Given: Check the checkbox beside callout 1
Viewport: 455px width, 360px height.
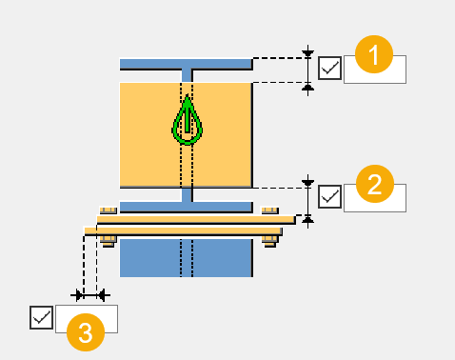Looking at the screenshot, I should coord(330,69).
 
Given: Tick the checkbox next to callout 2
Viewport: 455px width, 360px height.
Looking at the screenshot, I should coord(330,196).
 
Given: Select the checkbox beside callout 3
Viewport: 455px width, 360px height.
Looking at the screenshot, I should coord(41,317).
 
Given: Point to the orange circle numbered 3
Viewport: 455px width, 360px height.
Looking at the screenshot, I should coord(85,332).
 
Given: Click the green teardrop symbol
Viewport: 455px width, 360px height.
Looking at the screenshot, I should coord(188,121).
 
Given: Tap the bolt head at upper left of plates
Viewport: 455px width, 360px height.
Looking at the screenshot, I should coord(108,209).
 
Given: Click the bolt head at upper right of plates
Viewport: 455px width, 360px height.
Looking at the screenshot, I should coord(270,209).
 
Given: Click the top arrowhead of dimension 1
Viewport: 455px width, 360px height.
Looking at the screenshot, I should coord(307,52).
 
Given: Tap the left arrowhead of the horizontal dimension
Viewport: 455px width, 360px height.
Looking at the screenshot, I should coord(81,295).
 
